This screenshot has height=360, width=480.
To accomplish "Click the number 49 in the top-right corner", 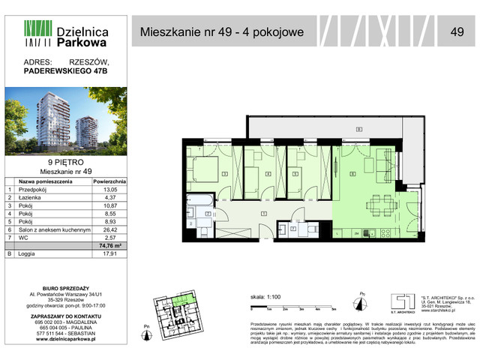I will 457,31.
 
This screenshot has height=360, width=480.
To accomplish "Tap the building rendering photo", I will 66,121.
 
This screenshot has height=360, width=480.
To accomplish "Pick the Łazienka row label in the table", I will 29,198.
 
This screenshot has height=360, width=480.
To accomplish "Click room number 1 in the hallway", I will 262,214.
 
